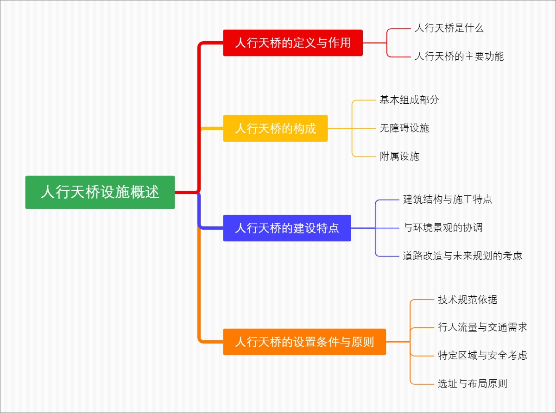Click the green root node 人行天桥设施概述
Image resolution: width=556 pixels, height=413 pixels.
pyautogui.click(x=100, y=192)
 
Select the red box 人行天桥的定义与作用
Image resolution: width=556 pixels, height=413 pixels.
pyautogui.click(x=293, y=43)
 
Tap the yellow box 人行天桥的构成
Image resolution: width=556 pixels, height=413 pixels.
pyautogui.click(x=275, y=128)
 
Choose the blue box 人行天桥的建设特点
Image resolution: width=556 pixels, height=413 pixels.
pyautogui.click(x=287, y=228)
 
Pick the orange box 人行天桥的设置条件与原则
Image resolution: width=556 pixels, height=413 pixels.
pyautogui.click(x=304, y=342)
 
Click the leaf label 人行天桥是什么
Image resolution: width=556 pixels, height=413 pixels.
pyautogui.click(x=449, y=28)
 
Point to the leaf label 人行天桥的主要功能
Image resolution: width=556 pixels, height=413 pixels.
pyautogui.click(x=459, y=56)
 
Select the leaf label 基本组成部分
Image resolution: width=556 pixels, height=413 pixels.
pyautogui.click(x=409, y=100)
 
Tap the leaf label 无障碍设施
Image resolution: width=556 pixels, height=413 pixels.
pyautogui.click(x=404, y=128)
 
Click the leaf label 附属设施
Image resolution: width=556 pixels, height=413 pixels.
pyautogui.click(x=399, y=156)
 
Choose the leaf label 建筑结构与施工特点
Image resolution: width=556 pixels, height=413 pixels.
pyautogui.click(x=448, y=200)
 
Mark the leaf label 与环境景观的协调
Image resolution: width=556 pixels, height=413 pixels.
pyautogui.click(x=443, y=228)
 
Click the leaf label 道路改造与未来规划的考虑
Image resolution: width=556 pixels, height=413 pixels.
pyautogui.click(x=462, y=256)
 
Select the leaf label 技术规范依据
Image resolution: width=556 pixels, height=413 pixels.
pyautogui.click(x=468, y=300)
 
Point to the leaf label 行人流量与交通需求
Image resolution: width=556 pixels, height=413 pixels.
pyautogui.click(x=482, y=327)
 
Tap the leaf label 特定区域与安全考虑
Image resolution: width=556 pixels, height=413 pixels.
pyautogui.click(x=482, y=356)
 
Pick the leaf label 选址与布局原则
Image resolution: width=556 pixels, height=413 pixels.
pyautogui.click(x=473, y=383)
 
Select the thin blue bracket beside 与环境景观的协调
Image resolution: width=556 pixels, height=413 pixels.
pyautogui.click(x=376, y=228)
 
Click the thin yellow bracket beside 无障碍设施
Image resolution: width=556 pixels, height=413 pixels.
pyautogui.click(x=353, y=128)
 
